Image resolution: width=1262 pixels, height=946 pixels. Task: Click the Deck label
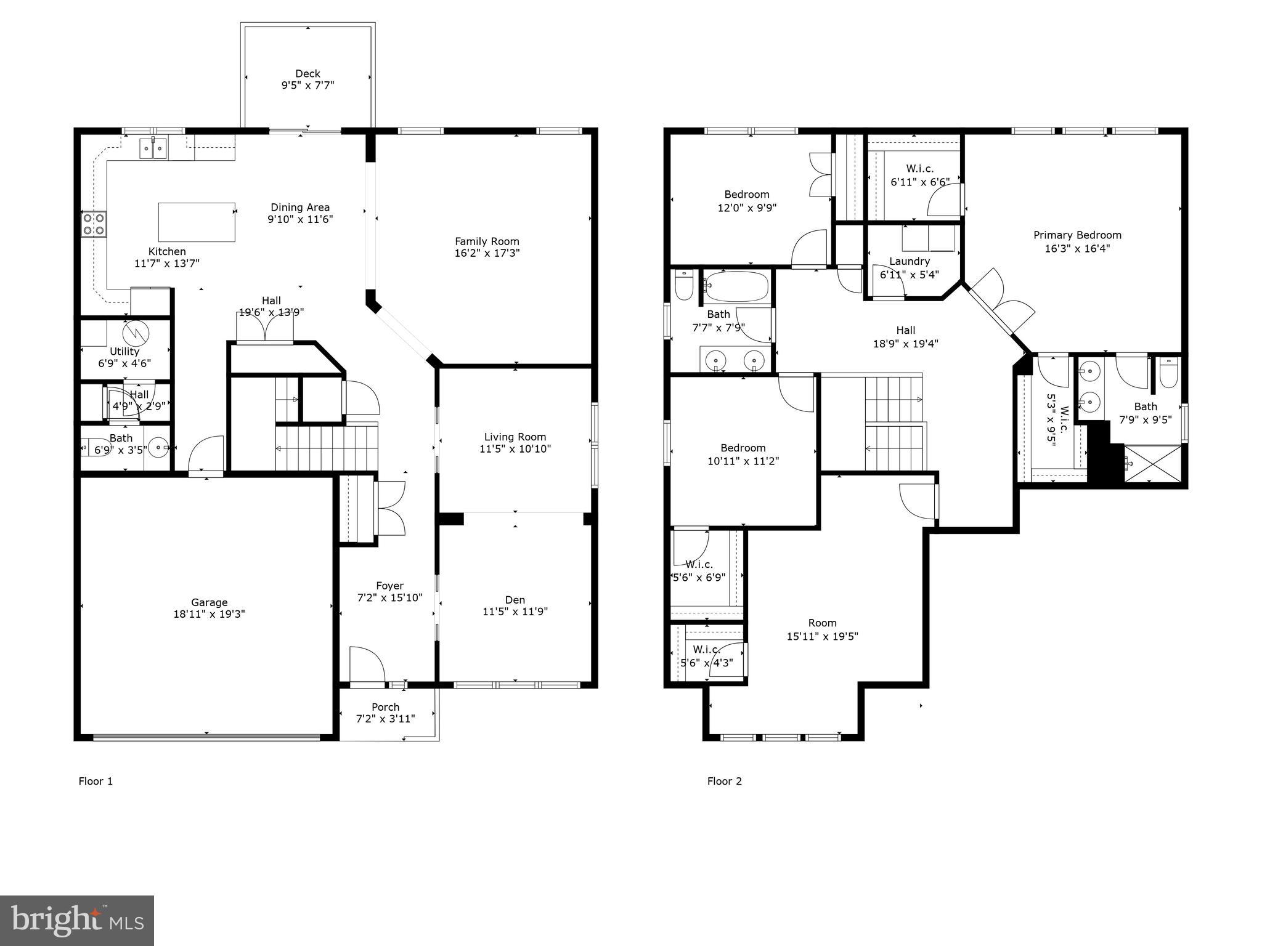pos(307,74)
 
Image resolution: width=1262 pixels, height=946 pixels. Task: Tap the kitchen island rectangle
pos(197,222)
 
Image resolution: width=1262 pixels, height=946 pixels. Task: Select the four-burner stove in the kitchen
pos(94,224)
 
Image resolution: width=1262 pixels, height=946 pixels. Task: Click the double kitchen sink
pos(153,148)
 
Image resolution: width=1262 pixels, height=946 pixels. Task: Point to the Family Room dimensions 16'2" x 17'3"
pos(487,253)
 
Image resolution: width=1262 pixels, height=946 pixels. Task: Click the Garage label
pos(209,602)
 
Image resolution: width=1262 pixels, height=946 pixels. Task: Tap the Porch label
pos(385,707)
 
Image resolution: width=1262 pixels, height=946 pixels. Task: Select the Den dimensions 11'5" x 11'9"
pos(515,612)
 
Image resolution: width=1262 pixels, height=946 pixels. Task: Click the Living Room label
pos(515,437)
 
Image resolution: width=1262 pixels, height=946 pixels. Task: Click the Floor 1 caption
pos(96,781)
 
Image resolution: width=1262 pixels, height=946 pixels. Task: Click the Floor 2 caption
pos(724,781)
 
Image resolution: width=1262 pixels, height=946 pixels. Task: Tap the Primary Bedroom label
pos(1077,235)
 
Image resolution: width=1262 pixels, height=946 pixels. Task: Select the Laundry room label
pos(909,261)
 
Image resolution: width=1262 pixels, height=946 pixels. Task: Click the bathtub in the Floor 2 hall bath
pos(737,286)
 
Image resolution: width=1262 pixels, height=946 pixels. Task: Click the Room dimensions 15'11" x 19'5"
pos(822,636)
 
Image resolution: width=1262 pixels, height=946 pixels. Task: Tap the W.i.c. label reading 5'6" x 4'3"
pos(706,650)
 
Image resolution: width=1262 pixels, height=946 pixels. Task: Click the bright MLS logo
pos(77,920)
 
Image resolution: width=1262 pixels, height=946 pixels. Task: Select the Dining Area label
pos(300,208)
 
